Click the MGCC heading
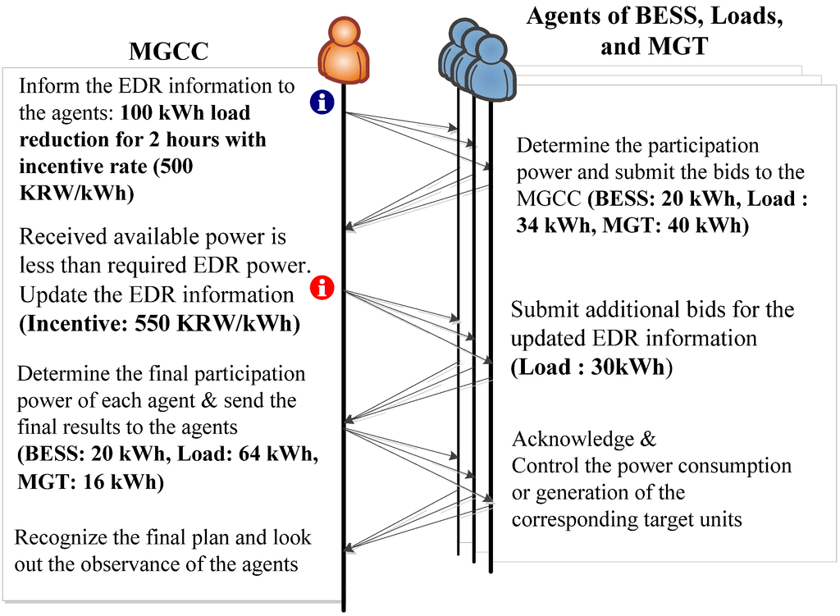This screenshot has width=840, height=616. coord(169,51)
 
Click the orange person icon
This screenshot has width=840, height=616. coord(344,51)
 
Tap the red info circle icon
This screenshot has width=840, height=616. coord(323,288)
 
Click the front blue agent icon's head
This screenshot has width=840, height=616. coord(491,52)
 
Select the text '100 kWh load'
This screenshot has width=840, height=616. coord(185,112)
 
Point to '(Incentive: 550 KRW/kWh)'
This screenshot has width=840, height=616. coord(159,323)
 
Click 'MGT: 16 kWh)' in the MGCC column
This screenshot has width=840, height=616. coord(91,481)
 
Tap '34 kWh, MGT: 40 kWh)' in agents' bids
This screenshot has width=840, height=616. coord(632,226)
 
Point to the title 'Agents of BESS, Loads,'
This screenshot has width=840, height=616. coord(654,16)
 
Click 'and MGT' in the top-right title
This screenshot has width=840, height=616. coord(654,46)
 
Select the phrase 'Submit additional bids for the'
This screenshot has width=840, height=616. coord(652,310)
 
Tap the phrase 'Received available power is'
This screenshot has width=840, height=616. coord(153,238)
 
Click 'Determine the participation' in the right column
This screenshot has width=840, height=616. coord(637,146)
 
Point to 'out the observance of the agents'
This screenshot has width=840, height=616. coord(155,564)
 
